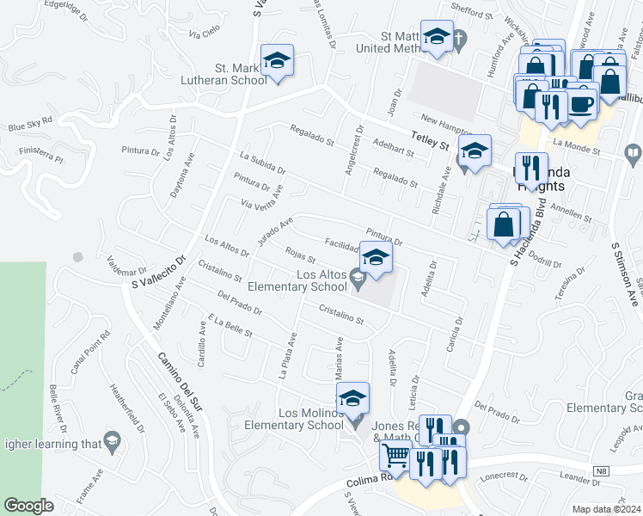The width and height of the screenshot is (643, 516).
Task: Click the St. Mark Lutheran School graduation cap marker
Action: point(278,61)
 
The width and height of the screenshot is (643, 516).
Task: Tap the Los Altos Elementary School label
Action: point(297,280)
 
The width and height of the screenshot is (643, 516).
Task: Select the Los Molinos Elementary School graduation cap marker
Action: point(352,399)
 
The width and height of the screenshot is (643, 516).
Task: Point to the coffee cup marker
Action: point(581,103)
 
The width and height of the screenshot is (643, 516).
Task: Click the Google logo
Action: point(29,506)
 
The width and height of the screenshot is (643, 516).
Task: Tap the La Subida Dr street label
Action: point(263,169)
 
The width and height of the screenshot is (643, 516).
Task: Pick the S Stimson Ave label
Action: point(626,273)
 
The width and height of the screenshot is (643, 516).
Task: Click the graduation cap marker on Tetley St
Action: point(475,150)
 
